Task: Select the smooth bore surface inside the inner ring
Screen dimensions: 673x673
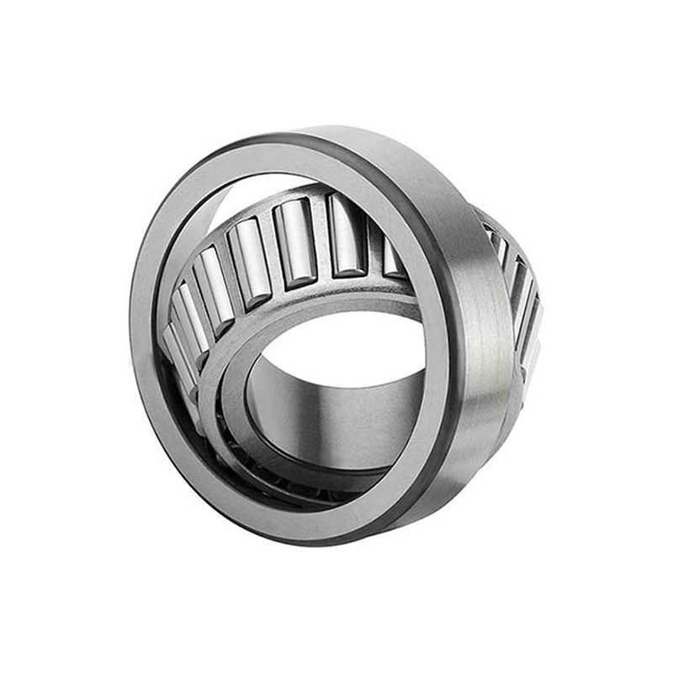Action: [x=336, y=421]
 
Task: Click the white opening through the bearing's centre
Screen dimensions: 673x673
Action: [x=353, y=345]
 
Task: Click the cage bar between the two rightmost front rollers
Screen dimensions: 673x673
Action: [x=370, y=244]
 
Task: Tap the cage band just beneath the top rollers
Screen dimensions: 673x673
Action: [x=336, y=286]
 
